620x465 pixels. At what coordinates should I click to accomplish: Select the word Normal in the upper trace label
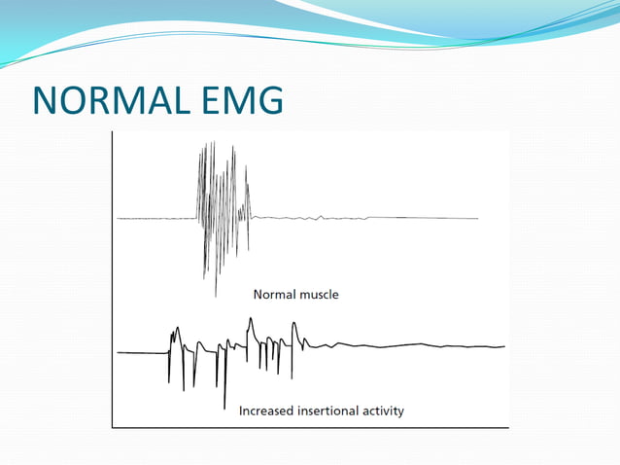[275, 294]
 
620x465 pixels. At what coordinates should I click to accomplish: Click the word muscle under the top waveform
[320, 294]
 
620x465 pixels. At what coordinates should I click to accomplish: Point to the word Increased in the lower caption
[268, 411]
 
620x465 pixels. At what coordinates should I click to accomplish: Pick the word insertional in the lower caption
[330, 411]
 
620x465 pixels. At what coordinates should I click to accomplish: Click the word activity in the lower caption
[385, 411]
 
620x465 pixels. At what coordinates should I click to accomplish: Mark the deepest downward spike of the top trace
[216, 294]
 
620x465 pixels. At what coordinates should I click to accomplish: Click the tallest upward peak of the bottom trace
[251, 318]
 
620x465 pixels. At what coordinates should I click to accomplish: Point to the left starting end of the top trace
[118, 219]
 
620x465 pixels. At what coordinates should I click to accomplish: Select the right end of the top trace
[477, 218]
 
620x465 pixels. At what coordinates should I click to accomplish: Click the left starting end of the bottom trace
[118, 353]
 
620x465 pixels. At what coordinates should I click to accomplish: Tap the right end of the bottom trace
[504, 346]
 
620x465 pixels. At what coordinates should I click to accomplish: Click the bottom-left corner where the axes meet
[113, 427]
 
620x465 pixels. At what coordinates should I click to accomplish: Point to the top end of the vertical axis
[113, 131]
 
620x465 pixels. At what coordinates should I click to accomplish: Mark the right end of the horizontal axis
[508, 427]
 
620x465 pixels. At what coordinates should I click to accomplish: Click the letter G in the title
[268, 100]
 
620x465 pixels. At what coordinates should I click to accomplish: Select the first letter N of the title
[46, 100]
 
